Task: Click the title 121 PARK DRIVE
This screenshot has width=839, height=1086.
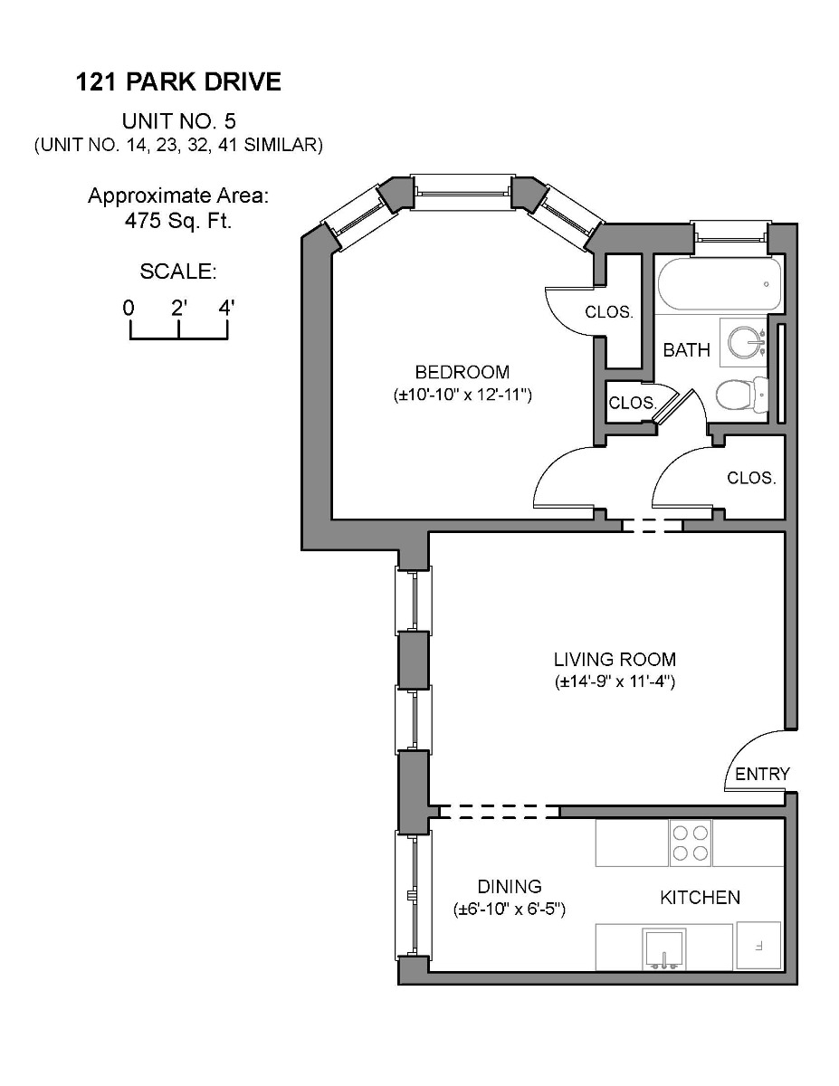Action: (178, 82)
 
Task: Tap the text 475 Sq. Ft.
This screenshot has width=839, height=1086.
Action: (178, 220)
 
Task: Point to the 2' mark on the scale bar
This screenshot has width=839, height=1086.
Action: (178, 308)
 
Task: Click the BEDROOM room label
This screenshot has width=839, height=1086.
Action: (462, 372)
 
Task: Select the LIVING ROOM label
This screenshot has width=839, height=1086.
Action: (615, 660)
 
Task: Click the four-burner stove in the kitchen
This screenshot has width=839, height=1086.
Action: (690, 843)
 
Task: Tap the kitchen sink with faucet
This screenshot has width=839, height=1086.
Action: (664, 948)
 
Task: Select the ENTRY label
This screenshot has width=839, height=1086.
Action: (762, 774)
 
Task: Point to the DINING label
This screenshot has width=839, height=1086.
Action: (510, 887)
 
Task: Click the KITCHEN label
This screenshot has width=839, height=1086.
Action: (700, 898)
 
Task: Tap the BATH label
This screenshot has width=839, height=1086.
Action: (686, 350)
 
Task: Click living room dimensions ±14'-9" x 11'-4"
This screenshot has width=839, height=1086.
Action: (615, 682)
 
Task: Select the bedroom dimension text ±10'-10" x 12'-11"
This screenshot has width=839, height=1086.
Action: (462, 395)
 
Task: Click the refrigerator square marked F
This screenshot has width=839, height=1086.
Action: (759, 946)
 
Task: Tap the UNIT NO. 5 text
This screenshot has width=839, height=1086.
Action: (178, 121)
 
